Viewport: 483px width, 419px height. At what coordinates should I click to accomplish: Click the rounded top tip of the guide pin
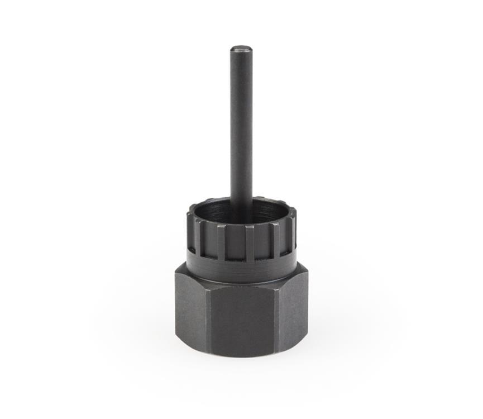241,49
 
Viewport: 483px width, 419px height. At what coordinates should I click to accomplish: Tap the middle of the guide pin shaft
241,128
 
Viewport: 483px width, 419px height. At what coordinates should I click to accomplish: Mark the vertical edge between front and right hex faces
276,318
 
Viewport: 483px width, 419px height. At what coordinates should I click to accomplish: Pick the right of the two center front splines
250,243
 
